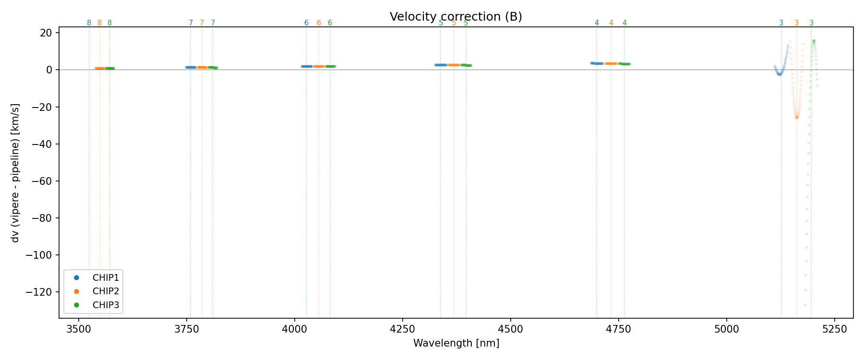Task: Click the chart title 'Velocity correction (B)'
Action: coord(456,17)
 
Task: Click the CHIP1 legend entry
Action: coord(106,278)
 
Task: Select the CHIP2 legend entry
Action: coord(106,291)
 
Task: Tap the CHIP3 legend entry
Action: coord(106,305)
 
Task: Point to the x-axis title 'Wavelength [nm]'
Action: coord(456,343)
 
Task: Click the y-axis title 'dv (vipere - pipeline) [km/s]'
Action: coord(15,173)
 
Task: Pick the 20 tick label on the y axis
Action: coord(46,33)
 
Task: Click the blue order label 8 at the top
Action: coord(89,23)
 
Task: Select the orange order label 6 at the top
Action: coord(319,23)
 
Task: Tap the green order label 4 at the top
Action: coord(624,23)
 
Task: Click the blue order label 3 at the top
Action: coord(781,23)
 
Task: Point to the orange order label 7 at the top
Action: coord(202,23)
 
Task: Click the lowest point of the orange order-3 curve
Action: coord(797,118)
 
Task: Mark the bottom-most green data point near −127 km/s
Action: coord(805,305)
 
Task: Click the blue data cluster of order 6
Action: coord(307,66)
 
